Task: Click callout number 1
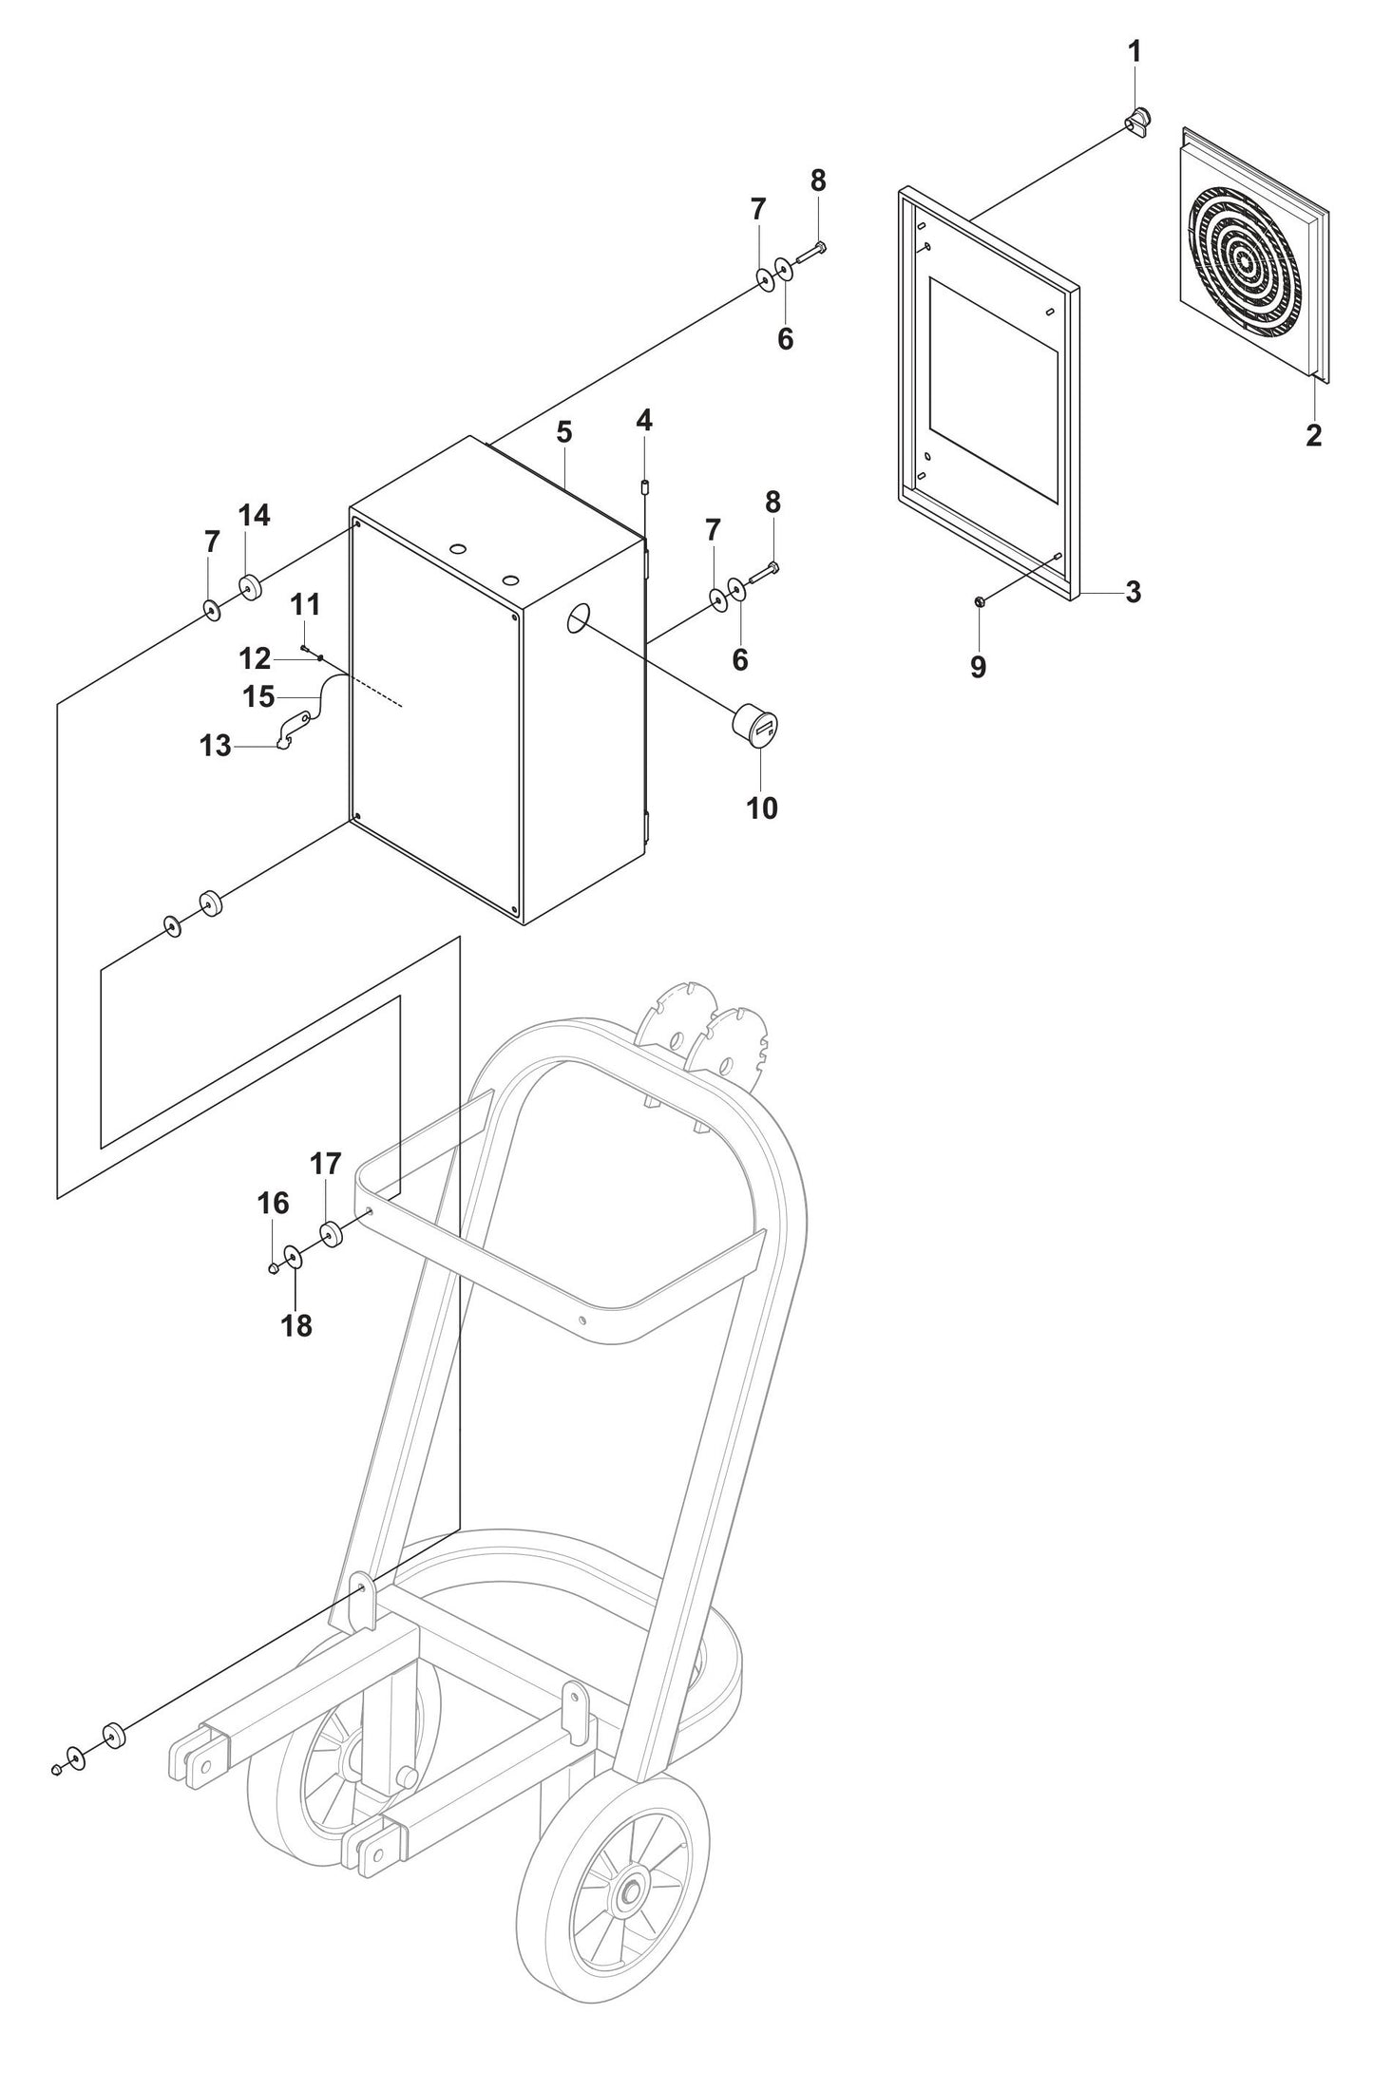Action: [1135, 52]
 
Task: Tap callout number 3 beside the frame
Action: [1133, 593]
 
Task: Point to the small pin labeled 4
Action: [643, 488]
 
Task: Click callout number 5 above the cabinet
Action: [564, 432]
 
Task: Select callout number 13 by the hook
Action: [216, 746]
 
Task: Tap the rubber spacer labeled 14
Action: [251, 588]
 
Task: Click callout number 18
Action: [296, 1325]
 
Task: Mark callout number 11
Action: [305, 604]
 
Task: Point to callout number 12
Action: [255, 657]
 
